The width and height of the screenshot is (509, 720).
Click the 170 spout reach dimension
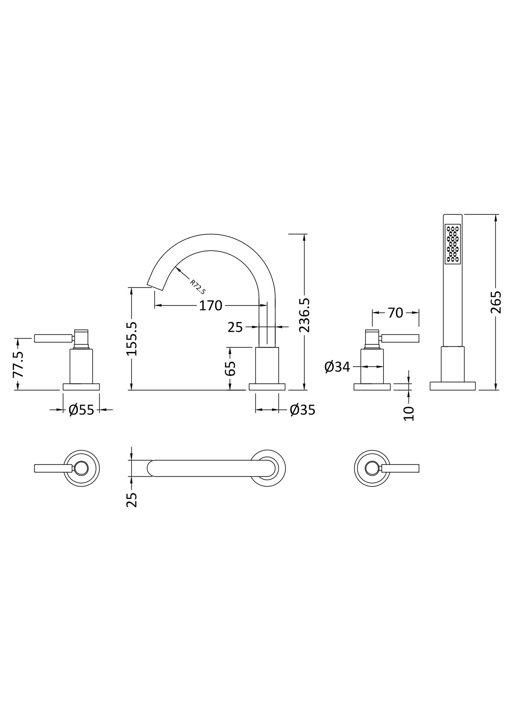pyautogui.click(x=210, y=305)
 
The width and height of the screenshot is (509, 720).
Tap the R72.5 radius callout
pyautogui.click(x=198, y=287)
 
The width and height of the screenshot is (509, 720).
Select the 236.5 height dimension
pyautogui.click(x=304, y=315)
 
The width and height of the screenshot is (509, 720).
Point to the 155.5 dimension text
pyautogui.click(x=131, y=339)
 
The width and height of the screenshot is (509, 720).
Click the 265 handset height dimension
pyautogui.click(x=497, y=302)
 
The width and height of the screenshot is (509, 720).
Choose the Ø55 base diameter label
pyautogui.click(x=81, y=410)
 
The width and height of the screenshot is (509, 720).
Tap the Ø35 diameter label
pyautogui.click(x=302, y=410)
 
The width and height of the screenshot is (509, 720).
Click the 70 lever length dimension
pyautogui.click(x=395, y=313)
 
